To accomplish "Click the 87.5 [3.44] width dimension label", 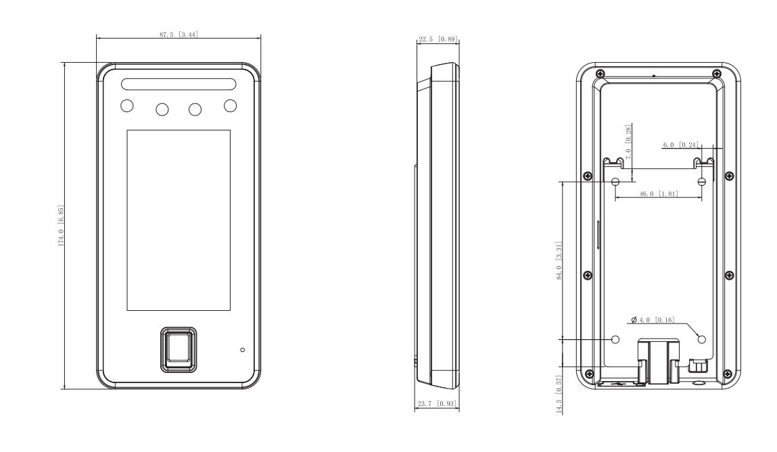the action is click(x=179, y=34).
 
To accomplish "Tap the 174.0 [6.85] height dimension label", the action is click(x=62, y=226).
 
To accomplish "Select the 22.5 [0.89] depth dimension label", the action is click(x=438, y=39).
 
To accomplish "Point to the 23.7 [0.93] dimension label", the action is click(x=437, y=404).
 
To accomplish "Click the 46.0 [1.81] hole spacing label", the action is click(x=659, y=194).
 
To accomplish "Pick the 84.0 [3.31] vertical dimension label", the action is click(x=559, y=261).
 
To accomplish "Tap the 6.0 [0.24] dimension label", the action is click(x=680, y=145).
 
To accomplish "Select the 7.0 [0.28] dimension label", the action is click(x=629, y=142).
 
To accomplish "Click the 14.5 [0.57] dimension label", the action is click(x=559, y=395).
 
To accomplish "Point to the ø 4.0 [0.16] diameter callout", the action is click(x=653, y=320).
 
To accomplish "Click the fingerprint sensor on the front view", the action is click(x=179, y=350).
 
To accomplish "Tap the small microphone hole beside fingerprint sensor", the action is click(x=242, y=350).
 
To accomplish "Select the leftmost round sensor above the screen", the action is click(x=127, y=105).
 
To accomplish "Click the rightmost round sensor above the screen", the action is click(x=230, y=105).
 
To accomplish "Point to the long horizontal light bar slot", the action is click(x=179, y=84).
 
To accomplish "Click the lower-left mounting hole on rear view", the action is click(x=615, y=340).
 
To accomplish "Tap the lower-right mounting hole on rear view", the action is click(x=701, y=340).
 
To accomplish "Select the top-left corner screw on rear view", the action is click(x=600, y=74).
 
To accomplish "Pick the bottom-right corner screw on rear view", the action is click(x=728, y=374).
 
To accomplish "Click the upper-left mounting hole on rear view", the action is click(x=615, y=182).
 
